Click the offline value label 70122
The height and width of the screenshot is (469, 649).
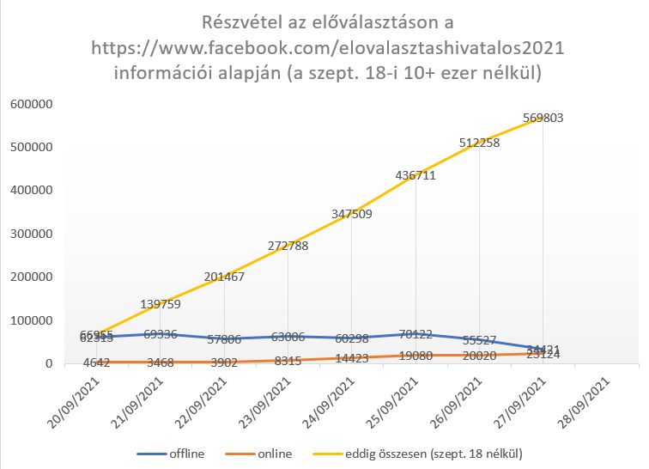(x=414, y=333)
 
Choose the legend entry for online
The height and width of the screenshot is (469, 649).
(x=273, y=453)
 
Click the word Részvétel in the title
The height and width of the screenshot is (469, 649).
(x=236, y=21)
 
